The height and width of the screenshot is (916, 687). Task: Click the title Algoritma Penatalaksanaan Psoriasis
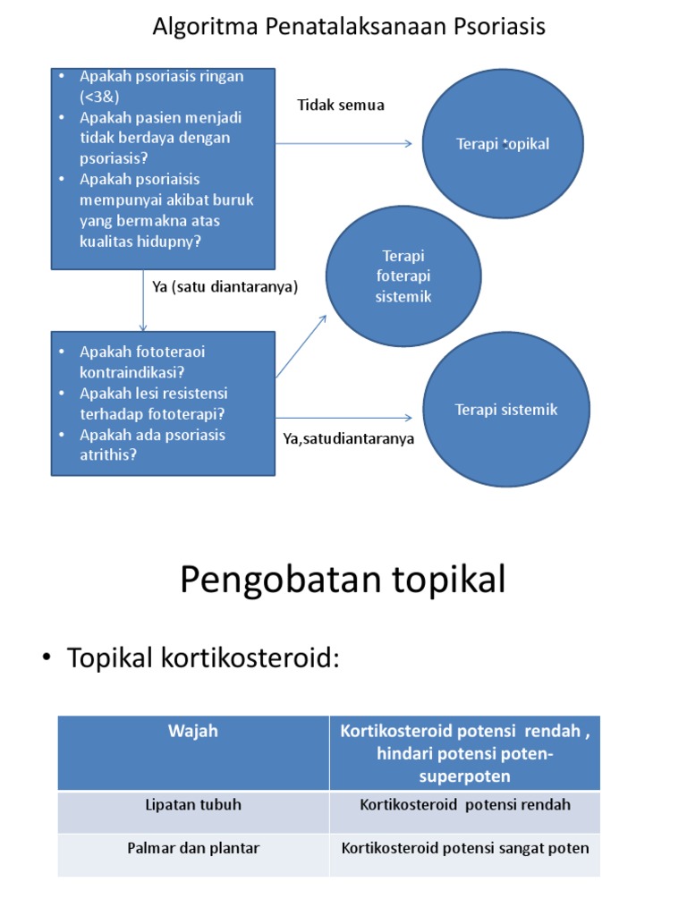tap(349, 28)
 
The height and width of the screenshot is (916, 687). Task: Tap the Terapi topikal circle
tap(503, 144)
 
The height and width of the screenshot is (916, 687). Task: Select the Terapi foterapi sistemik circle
tap(403, 276)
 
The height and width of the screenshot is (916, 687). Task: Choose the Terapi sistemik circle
tap(505, 410)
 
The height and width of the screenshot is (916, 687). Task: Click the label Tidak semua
tap(341, 106)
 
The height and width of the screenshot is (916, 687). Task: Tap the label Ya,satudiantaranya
tap(349, 439)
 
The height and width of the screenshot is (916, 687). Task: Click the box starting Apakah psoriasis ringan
tap(162, 168)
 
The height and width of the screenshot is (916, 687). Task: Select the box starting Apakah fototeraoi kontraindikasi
tap(162, 403)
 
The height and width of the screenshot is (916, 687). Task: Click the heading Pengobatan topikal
tap(343, 581)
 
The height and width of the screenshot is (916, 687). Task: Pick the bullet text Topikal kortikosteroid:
tap(203, 659)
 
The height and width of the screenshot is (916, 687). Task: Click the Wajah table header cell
tap(193, 732)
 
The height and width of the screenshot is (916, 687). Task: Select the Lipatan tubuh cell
tap(193, 805)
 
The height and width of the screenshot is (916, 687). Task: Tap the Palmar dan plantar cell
tap(193, 848)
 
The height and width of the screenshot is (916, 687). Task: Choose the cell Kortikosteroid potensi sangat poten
tap(465, 848)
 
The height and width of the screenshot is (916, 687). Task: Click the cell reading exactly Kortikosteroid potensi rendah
tap(465, 805)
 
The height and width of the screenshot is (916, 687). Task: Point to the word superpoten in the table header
tap(464, 776)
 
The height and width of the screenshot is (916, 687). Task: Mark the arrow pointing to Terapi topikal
tap(344, 143)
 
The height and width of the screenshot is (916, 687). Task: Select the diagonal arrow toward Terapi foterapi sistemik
tap(301, 344)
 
